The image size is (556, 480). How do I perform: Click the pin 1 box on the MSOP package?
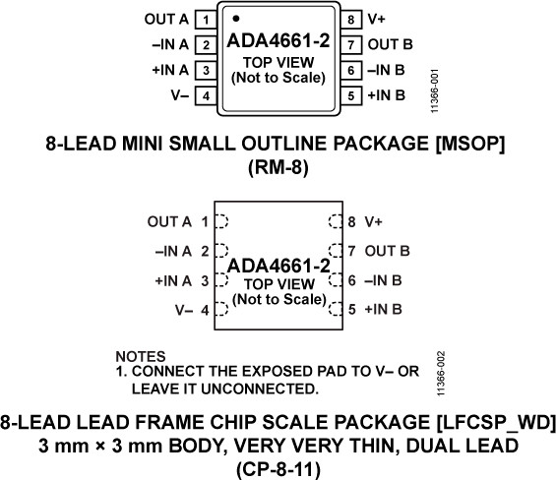pos(205,20)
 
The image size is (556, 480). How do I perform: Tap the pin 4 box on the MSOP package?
pos(205,95)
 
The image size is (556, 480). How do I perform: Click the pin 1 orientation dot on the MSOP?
pos(236,18)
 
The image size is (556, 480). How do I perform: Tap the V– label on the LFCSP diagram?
pos(181,310)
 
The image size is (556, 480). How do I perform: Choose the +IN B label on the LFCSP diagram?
pos(383,310)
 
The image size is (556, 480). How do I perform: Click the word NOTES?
pos(140,355)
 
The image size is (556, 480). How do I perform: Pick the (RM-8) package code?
pos(277,167)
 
